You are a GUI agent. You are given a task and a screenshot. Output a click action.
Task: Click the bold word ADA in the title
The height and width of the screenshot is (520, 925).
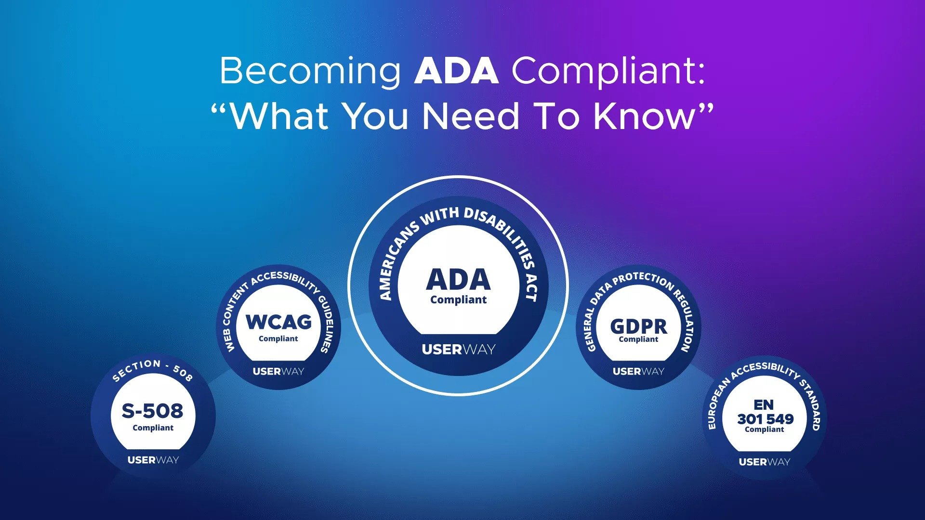coord(456,71)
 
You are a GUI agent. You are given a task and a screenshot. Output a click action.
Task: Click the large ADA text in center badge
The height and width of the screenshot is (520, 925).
coord(458,279)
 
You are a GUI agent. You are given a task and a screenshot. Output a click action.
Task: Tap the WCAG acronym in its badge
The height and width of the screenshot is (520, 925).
coord(278,322)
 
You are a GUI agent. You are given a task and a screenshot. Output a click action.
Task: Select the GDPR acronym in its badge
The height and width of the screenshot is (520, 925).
coord(639,326)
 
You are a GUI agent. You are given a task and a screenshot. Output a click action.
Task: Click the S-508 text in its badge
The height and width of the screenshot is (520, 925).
coord(153,411)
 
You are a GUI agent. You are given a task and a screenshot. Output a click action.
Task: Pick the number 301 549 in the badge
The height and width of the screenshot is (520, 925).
coord(765,419)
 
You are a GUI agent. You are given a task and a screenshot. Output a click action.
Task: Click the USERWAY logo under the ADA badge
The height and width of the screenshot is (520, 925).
coord(459,349)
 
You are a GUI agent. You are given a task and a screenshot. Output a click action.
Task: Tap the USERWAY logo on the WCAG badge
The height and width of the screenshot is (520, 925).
coord(278,371)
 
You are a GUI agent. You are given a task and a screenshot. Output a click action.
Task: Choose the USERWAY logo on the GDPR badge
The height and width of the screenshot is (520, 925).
coord(638,371)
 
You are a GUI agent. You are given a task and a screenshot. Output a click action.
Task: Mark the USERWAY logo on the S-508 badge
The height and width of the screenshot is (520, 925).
coord(153,460)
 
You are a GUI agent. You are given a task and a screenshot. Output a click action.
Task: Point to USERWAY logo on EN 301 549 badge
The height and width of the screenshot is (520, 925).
coord(765,462)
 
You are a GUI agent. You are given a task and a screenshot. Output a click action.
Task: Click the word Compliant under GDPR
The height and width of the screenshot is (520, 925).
coord(638,339)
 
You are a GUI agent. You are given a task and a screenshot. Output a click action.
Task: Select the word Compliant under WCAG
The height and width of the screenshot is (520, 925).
coord(278,339)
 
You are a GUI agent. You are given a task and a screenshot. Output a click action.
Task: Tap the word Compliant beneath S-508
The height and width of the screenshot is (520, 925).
coord(153,428)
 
